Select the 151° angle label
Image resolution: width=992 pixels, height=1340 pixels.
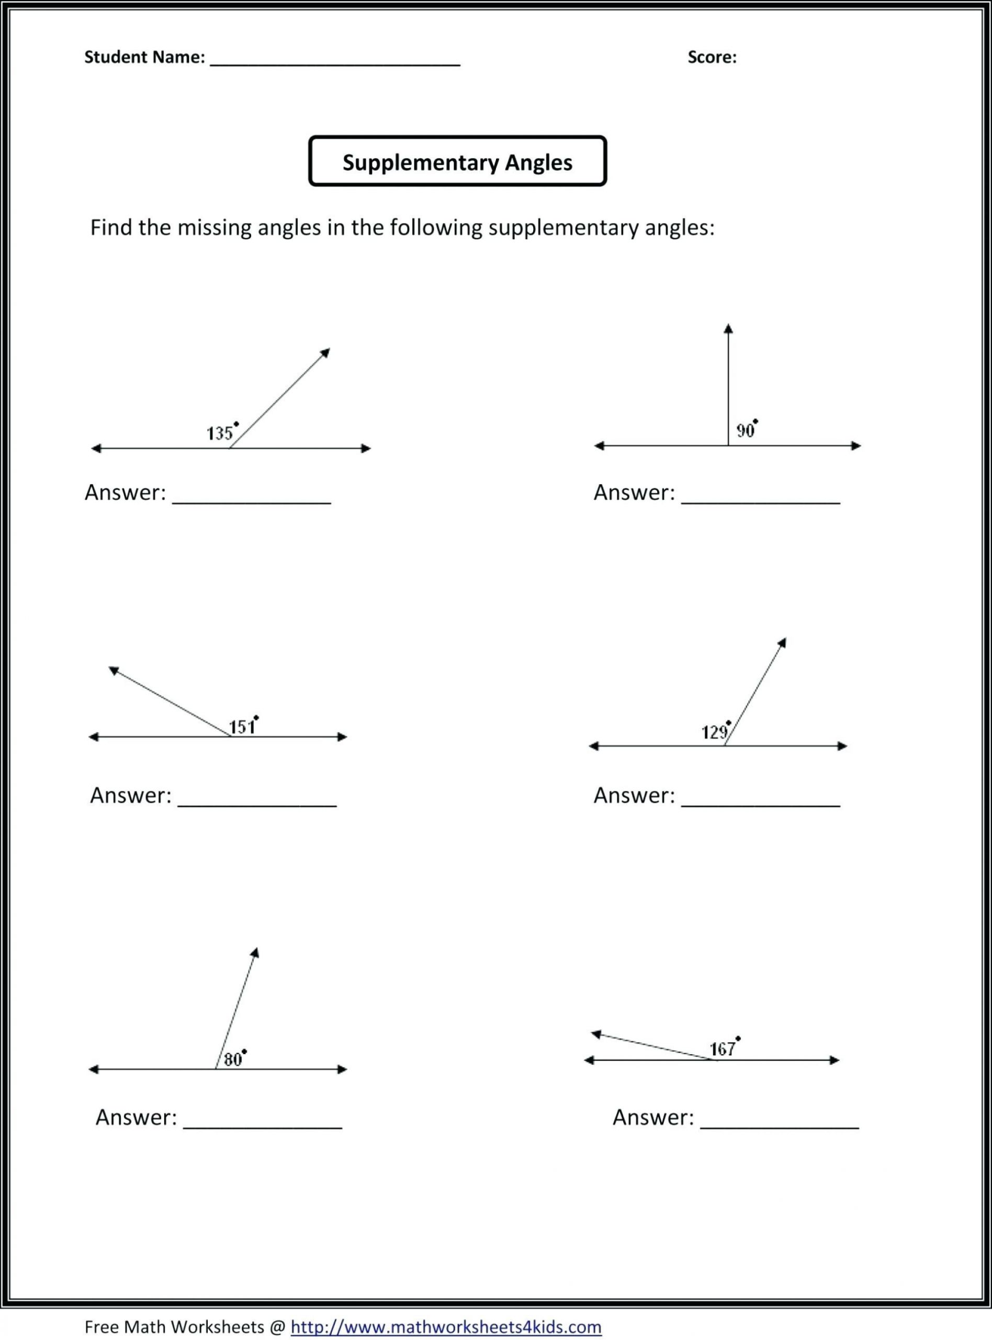coord(243,726)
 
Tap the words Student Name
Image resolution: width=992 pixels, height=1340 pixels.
coord(144,57)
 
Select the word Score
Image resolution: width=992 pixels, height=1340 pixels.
coord(712,57)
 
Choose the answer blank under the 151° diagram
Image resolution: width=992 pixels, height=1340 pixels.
coord(257,802)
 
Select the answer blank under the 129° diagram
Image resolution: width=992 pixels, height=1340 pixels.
coord(760,802)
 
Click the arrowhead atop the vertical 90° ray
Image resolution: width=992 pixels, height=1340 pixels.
coord(728,329)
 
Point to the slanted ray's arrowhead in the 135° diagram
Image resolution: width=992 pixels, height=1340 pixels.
coord(325,353)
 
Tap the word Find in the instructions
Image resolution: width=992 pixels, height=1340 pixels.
coord(111,228)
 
